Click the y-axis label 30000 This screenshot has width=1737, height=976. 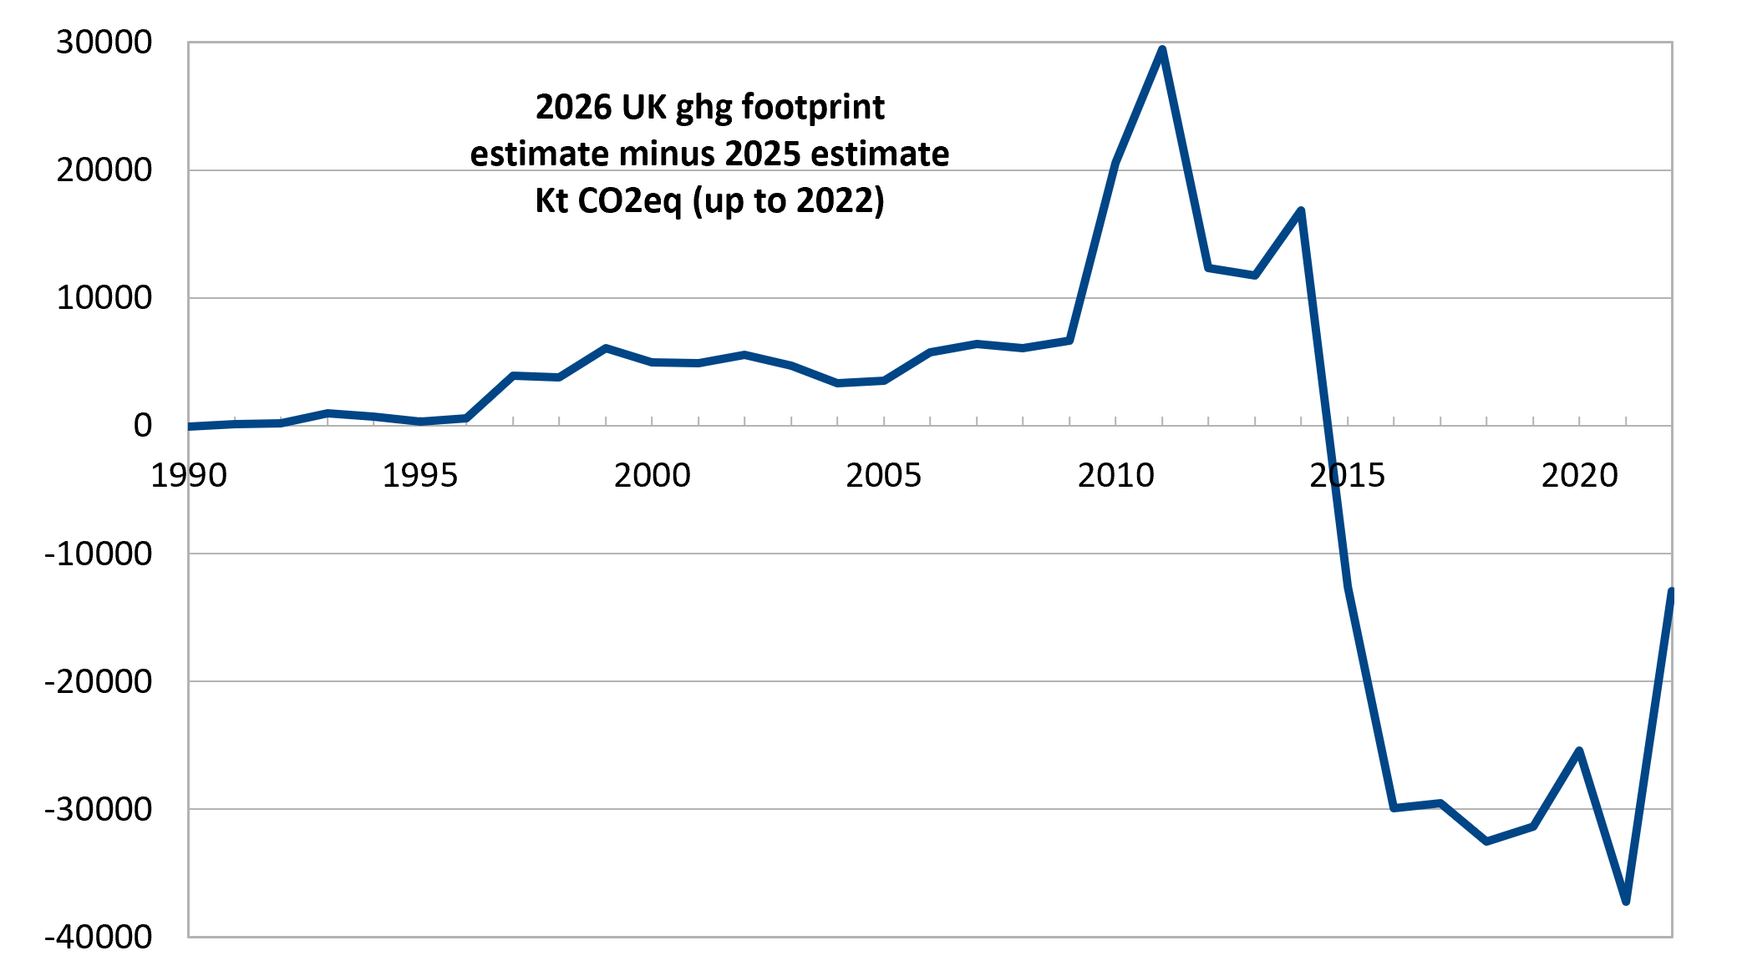104,42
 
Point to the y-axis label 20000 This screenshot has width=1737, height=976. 104,169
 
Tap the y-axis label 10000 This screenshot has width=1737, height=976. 104,297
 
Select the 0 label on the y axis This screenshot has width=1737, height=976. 143,425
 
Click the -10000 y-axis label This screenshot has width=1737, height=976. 99,553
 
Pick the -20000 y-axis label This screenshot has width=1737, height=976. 99,681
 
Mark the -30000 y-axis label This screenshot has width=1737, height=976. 99,809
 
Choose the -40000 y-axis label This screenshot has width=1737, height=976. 99,937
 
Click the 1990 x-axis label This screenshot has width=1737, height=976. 189,475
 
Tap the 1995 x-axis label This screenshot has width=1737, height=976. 420,475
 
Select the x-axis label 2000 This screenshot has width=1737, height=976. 653,475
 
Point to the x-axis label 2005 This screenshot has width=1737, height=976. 884,475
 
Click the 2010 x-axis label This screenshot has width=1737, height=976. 1116,475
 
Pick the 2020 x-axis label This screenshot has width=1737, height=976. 1580,475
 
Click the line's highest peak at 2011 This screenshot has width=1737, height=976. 1162,49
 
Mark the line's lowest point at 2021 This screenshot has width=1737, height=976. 1626,902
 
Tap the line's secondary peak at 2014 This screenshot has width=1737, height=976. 1302,210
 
